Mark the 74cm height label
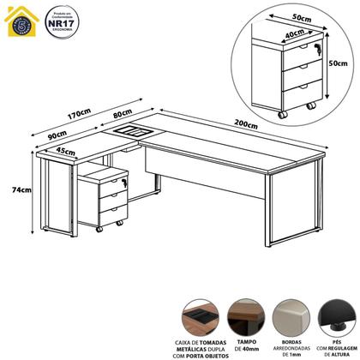coord(12,190)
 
